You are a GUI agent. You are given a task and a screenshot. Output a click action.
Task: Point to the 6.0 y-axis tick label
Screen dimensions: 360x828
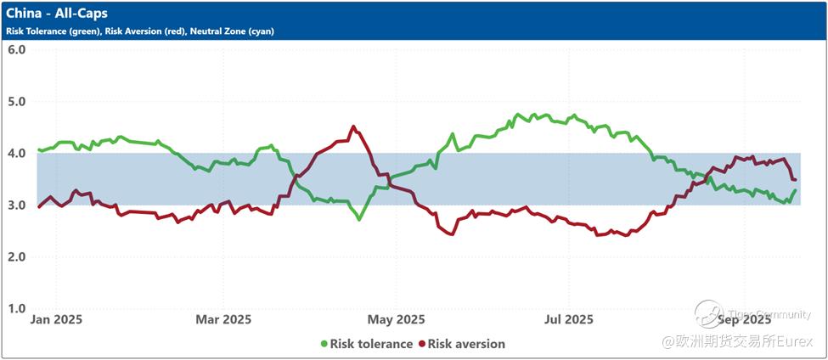(x=17, y=49)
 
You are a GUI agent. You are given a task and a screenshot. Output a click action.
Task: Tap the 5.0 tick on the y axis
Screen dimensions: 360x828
(x=17, y=101)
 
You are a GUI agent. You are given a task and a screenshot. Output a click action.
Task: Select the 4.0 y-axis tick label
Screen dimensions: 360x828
(x=17, y=153)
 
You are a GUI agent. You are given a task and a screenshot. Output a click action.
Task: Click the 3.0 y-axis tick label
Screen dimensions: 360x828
(x=17, y=205)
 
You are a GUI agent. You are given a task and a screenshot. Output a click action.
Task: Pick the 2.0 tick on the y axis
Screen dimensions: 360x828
(x=17, y=256)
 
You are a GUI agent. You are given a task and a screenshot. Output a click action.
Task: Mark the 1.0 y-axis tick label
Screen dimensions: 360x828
(x=17, y=308)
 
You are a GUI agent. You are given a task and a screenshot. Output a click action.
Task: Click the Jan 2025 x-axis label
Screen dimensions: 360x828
(x=56, y=320)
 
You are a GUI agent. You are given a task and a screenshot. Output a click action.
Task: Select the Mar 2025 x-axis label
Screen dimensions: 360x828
(x=223, y=320)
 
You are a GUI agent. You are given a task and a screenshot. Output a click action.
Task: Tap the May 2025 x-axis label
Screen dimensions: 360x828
(x=397, y=320)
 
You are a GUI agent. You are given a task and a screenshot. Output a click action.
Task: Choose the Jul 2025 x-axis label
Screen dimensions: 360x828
(x=566, y=320)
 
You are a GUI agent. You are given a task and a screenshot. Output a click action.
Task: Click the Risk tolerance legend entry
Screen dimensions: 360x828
(x=372, y=344)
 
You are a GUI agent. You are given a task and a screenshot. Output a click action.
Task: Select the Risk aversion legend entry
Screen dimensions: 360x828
(x=466, y=344)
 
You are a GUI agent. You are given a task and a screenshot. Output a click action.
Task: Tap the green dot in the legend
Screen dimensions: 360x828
(x=324, y=344)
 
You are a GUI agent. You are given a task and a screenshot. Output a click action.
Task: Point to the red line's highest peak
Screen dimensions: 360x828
(x=353, y=127)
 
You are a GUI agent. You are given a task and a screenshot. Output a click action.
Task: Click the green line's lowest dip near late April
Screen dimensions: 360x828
(x=359, y=219)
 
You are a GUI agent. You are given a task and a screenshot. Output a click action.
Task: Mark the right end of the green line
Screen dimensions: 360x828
(x=795, y=190)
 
